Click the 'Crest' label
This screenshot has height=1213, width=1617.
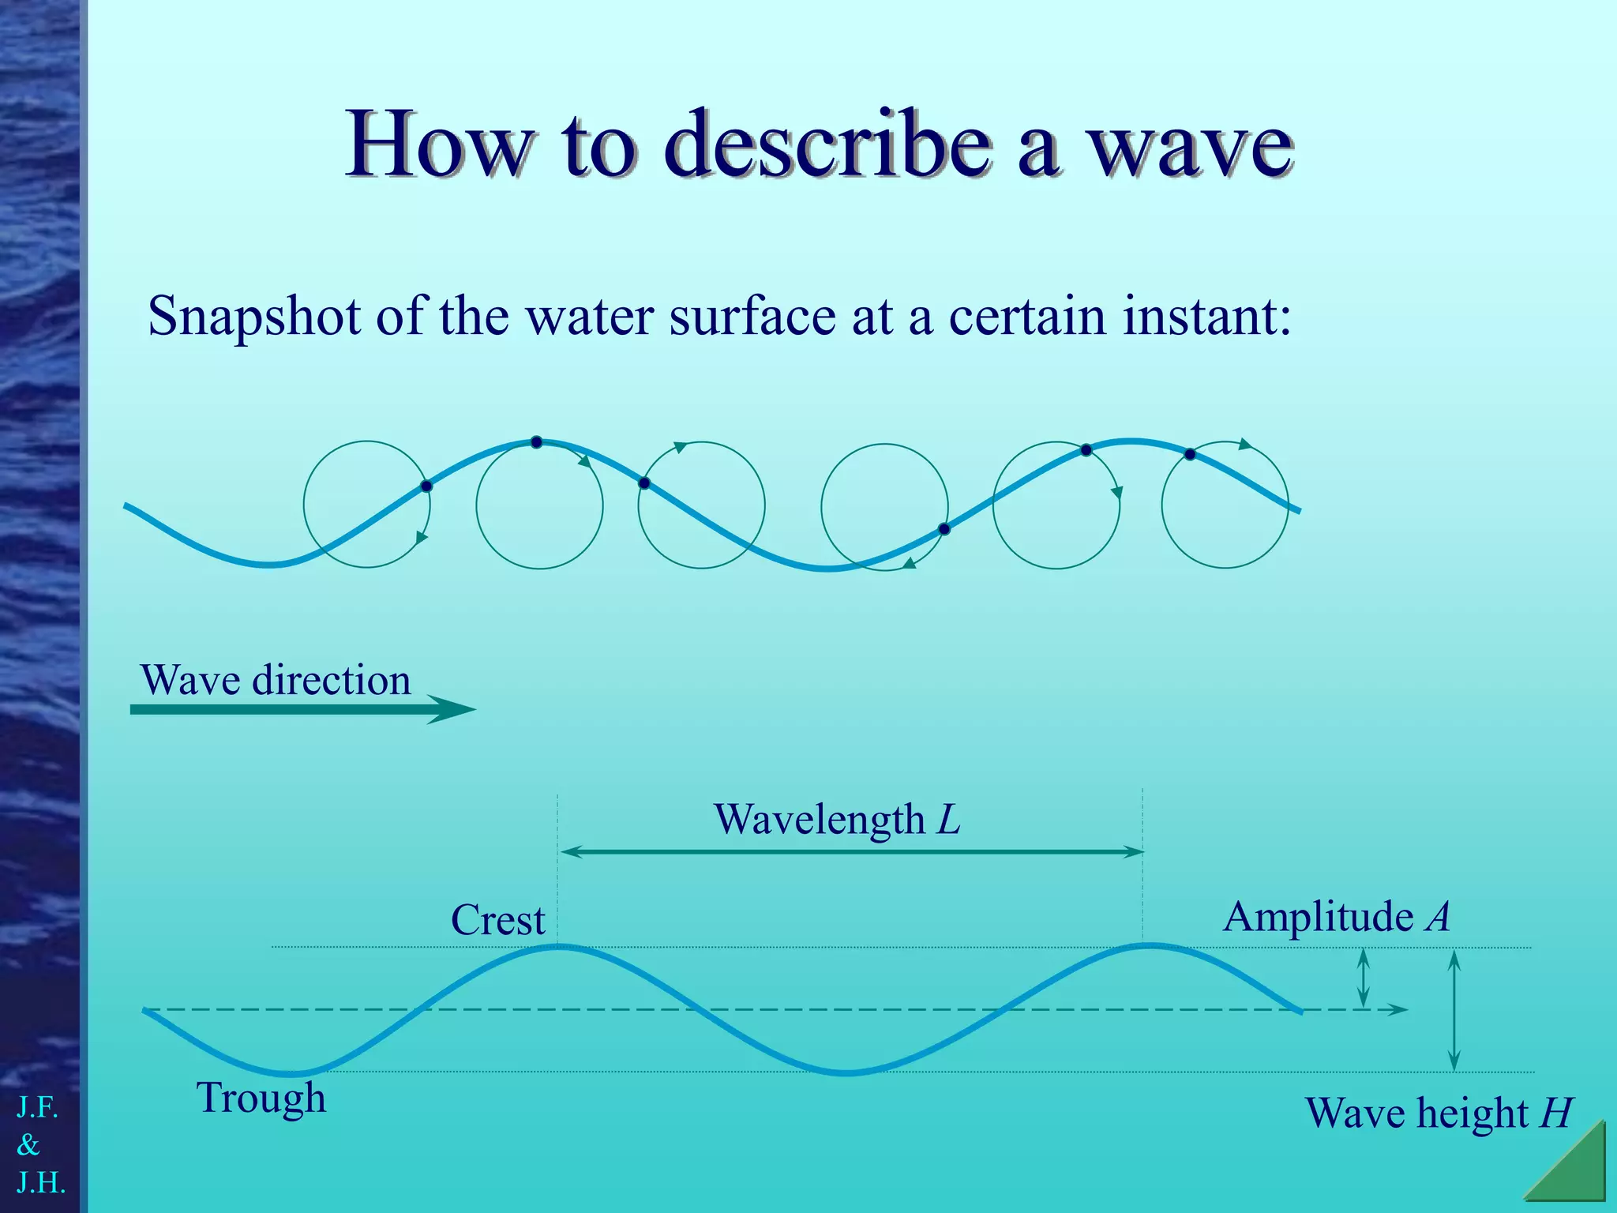[497, 920]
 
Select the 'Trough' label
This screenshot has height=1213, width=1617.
[261, 1098]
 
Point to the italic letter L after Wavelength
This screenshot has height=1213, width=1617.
[948, 820]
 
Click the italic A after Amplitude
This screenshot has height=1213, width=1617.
[1438, 917]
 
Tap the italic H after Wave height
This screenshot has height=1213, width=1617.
[1556, 1113]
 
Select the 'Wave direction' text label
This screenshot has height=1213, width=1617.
[276, 680]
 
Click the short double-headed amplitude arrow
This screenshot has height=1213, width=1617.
[1363, 978]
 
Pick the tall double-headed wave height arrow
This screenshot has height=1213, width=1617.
[1454, 1010]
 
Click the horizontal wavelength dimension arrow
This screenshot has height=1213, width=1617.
[851, 851]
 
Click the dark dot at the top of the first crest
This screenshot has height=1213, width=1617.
[536, 442]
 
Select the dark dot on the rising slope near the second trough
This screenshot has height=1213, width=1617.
[944, 529]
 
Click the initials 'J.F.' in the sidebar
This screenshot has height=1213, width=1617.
[37, 1108]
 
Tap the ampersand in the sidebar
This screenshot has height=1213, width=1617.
[28, 1144]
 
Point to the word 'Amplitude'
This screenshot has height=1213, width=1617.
[1318, 917]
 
